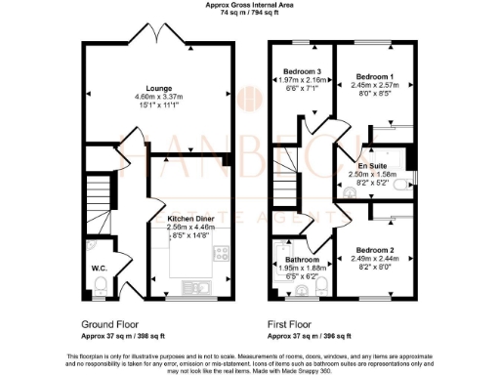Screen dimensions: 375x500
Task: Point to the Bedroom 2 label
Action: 375,250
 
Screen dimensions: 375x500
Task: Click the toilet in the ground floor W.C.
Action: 103,284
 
